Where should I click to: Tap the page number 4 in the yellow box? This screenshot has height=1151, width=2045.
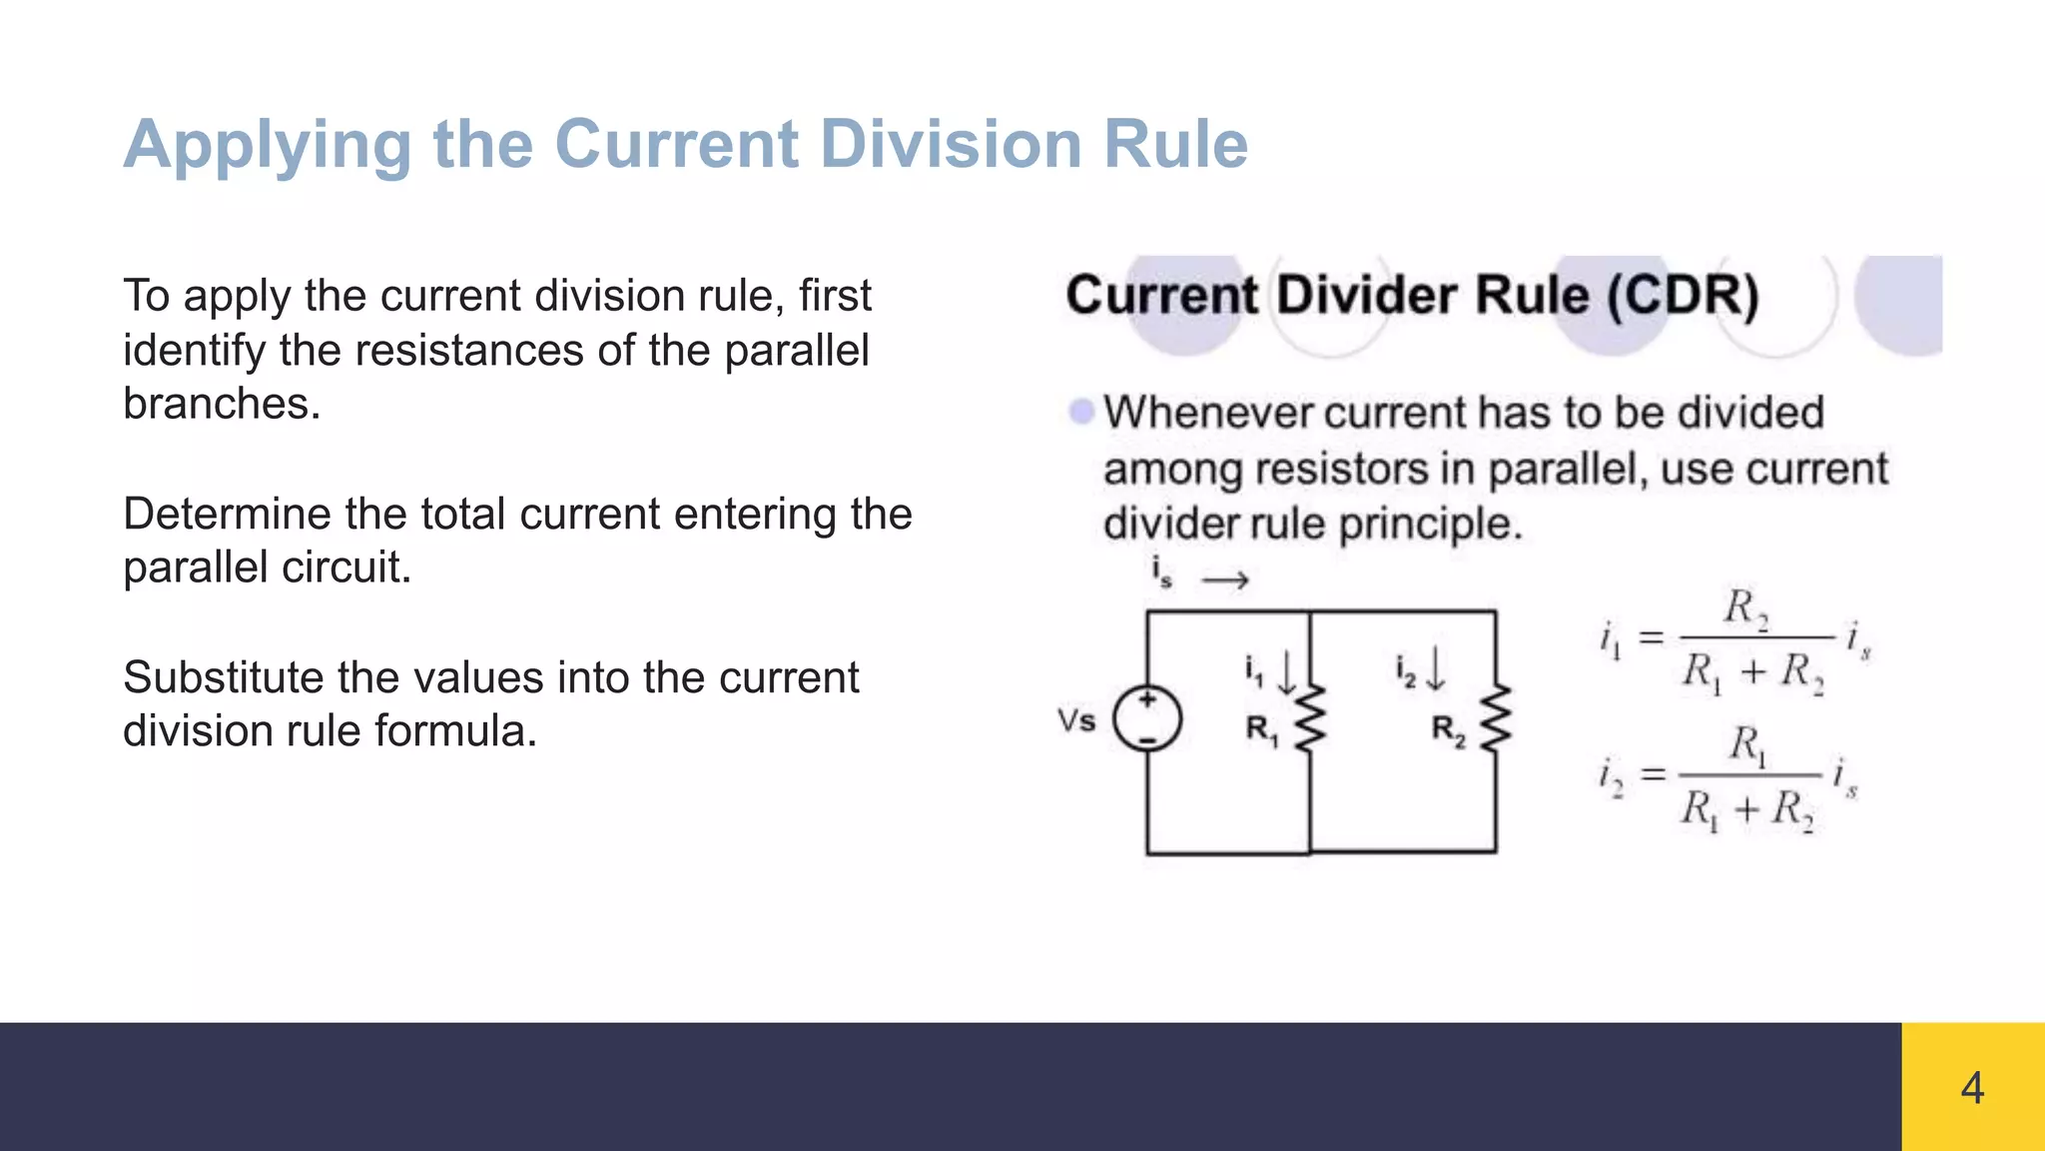pyautogui.click(x=1972, y=1088)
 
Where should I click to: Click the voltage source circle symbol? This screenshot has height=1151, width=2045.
pyautogui.click(x=1148, y=719)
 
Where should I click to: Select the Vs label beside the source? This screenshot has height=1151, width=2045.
pyautogui.click(x=1076, y=720)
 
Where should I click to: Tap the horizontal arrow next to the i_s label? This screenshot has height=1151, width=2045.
pyautogui.click(x=1225, y=580)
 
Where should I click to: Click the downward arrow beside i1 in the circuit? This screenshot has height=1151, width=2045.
pyautogui.click(x=1287, y=671)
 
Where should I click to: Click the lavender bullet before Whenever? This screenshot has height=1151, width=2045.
pyautogui.click(x=1080, y=412)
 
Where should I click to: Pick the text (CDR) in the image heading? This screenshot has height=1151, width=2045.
pyautogui.click(x=1683, y=296)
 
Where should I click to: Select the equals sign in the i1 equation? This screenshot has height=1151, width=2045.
pyautogui.click(x=1652, y=636)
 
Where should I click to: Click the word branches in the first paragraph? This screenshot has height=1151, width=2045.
pyautogui.click(x=221, y=405)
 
